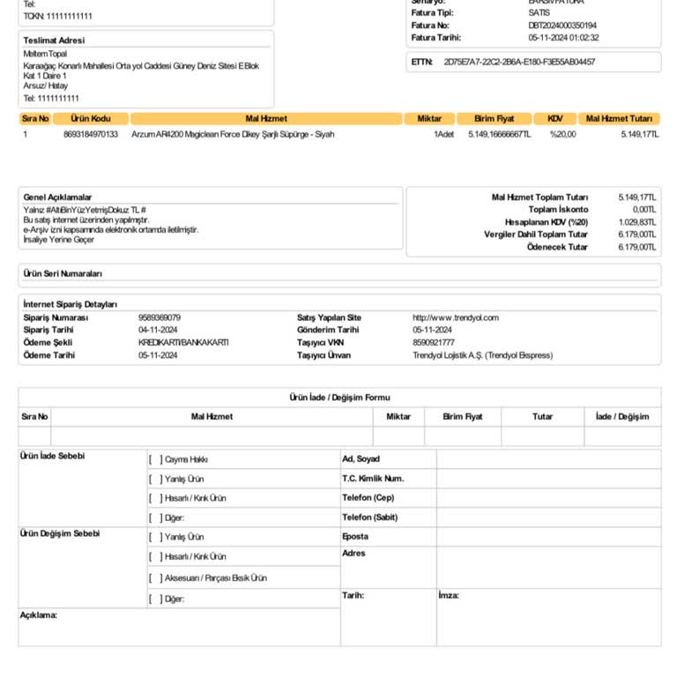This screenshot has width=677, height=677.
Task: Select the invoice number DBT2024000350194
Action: tap(562, 26)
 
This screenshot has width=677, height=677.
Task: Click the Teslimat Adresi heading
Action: tap(54, 41)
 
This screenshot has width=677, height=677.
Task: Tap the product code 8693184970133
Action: tap(91, 135)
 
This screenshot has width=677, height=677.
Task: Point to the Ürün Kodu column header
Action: tap(91, 118)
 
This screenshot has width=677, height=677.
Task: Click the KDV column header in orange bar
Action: tap(554, 118)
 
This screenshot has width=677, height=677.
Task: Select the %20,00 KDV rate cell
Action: tap(562, 135)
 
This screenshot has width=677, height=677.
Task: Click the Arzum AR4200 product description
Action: tap(233, 135)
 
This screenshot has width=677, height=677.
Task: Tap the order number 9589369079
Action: tap(160, 317)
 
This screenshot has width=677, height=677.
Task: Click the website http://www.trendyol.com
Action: tap(456, 317)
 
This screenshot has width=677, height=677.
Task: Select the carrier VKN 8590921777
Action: tap(434, 342)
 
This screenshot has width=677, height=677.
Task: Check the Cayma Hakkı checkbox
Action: tap(155, 459)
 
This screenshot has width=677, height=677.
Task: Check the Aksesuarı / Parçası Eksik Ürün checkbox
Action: tap(155, 578)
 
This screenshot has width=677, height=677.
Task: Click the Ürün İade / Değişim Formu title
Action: tap(339, 398)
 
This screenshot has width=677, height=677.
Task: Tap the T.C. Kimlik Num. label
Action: tap(373, 479)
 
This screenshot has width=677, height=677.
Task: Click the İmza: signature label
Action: tap(449, 596)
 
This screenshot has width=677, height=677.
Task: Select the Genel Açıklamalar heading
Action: tap(57, 197)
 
